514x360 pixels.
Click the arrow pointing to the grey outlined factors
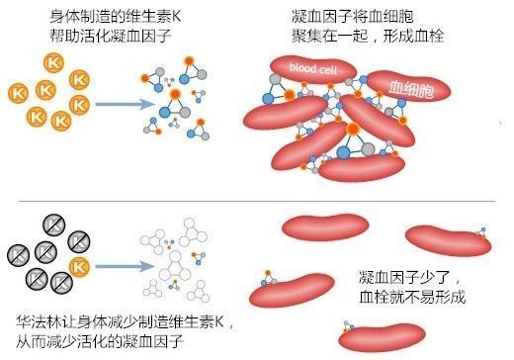[x=112, y=265]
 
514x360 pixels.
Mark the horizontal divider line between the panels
[x=257, y=202]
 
